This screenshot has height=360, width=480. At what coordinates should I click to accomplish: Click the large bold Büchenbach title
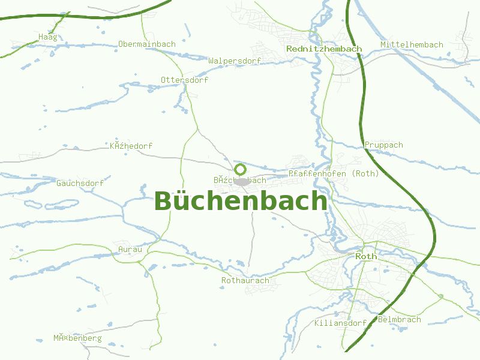(241, 202)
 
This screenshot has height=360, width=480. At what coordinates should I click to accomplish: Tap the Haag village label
(47, 37)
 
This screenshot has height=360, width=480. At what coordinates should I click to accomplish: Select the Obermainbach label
(147, 44)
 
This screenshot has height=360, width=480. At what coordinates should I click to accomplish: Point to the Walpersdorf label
(235, 61)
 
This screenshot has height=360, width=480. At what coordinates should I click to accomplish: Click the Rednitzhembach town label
(324, 49)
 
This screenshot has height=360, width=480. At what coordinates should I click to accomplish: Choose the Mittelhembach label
(412, 45)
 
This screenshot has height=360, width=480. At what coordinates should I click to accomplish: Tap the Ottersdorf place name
(184, 80)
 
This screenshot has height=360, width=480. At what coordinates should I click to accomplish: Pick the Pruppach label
(384, 145)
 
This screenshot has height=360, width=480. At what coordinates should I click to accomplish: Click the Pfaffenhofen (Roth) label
(334, 174)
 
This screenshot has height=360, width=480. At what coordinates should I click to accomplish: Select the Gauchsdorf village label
(80, 183)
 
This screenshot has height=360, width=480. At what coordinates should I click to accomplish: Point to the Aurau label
(130, 249)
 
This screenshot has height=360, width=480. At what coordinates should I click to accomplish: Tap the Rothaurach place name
(245, 280)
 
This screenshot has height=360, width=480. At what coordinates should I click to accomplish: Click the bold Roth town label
(366, 256)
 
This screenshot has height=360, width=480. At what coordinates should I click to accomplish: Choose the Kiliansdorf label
(340, 323)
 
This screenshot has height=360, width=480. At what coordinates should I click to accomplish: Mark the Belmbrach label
(400, 320)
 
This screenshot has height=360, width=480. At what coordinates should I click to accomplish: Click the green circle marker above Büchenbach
(240, 169)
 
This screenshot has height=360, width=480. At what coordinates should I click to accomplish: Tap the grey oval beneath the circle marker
(241, 182)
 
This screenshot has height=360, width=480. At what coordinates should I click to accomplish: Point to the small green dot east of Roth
(441, 296)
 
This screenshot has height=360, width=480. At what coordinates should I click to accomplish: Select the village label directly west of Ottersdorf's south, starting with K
(131, 146)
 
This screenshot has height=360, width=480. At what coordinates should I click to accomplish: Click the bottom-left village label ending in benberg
(77, 338)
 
